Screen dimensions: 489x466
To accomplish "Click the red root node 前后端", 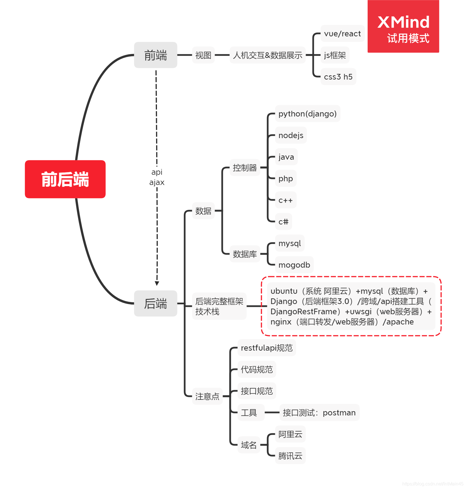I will point(65,179).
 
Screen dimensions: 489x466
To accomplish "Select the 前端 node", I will point(156,55).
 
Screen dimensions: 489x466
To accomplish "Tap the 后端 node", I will point(156,303).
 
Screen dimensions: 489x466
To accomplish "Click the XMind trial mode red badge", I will point(403,26).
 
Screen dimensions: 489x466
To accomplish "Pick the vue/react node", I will point(342,34).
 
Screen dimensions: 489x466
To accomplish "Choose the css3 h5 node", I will point(338,77).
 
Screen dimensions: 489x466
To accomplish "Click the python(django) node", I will point(307,114).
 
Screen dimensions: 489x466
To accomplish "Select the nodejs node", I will point(291,135).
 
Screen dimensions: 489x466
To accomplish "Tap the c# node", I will point(283,222).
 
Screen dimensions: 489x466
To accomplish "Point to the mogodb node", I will point(294,265).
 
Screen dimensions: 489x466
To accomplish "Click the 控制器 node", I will point(245,168).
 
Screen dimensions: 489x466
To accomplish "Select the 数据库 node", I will point(245,254).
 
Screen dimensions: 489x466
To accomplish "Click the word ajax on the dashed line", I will point(157,182).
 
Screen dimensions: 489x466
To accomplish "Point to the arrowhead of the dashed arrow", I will point(157,283).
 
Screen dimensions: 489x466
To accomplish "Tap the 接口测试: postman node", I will point(319,413).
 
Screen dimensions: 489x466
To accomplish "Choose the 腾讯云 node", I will point(290,456).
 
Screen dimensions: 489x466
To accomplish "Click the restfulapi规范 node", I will point(267,348).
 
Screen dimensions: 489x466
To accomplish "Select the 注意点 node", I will point(207,396).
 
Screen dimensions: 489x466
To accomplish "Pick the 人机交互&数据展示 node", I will point(267,55).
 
